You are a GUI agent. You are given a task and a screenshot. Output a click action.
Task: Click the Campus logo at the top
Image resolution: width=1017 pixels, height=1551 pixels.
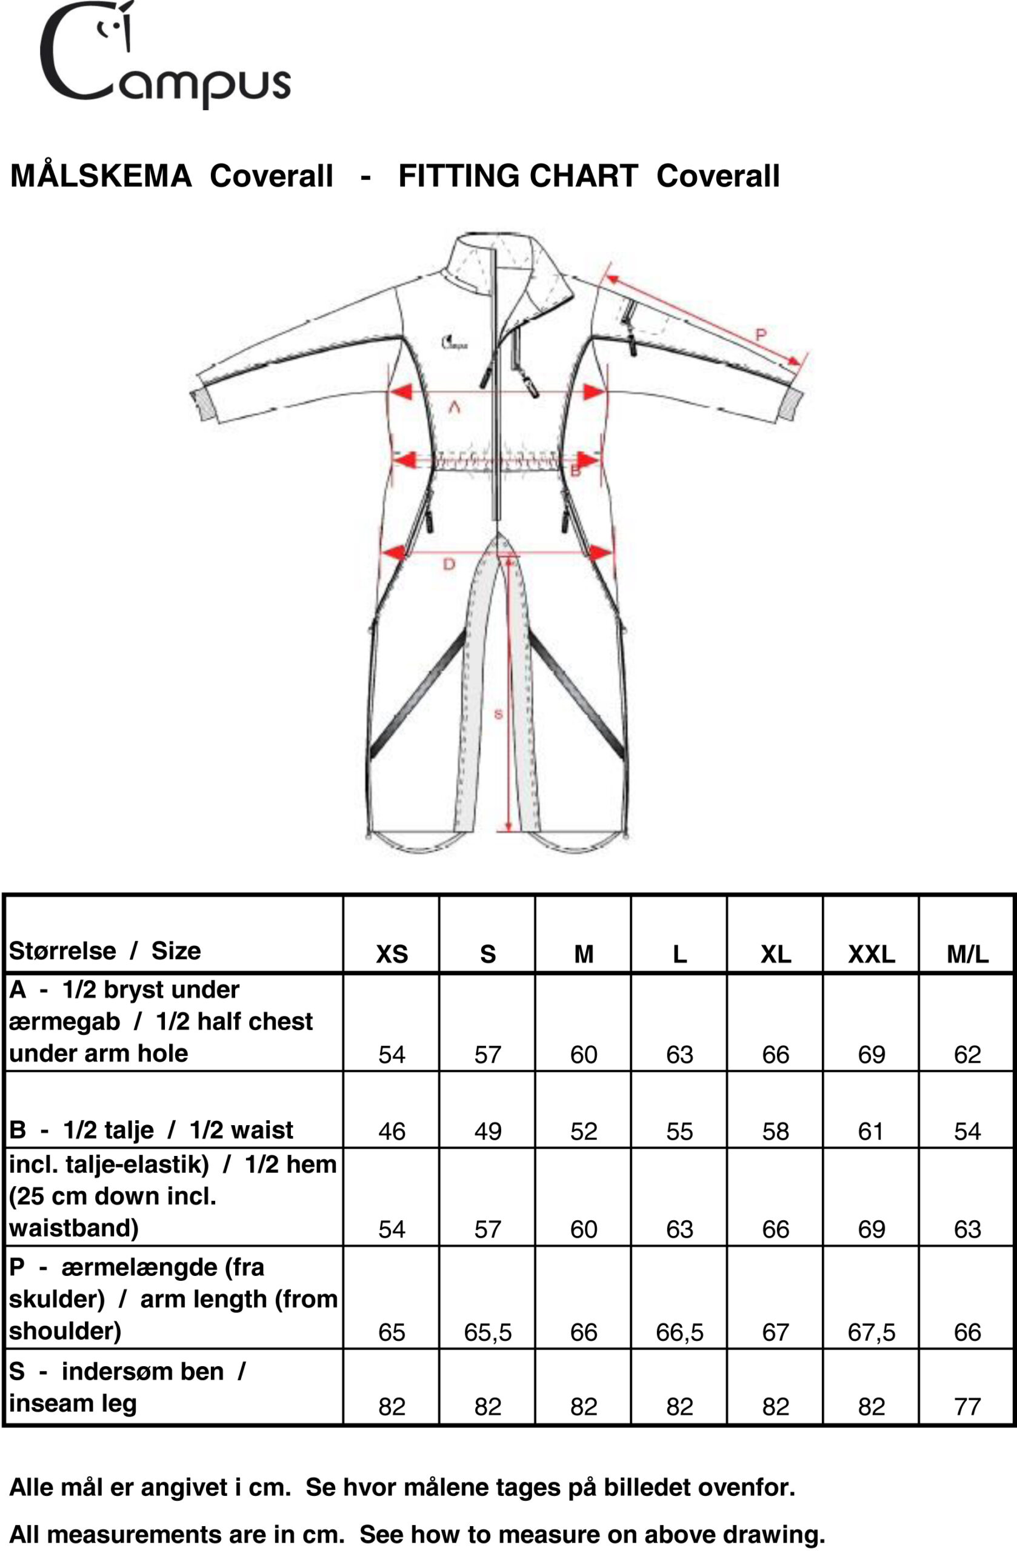point(165,55)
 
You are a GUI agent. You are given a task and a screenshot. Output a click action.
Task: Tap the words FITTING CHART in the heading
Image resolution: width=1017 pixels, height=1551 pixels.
point(518,176)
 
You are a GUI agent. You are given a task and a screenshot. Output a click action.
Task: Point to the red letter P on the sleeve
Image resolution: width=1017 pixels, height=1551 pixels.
point(760,335)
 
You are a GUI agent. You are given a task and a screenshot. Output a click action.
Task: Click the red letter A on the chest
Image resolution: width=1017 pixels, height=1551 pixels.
point(455,408)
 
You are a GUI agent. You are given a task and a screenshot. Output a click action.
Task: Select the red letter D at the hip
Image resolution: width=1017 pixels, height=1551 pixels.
point(449,563)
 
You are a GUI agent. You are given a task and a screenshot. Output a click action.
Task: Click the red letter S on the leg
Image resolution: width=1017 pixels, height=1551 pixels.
point(499,714)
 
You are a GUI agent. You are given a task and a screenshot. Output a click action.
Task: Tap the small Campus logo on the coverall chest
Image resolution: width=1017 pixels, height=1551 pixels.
point(454,342)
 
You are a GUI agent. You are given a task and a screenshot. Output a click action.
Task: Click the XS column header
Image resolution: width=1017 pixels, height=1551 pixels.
point(392,954)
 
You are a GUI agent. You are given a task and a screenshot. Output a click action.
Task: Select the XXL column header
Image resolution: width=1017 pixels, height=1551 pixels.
point(872,954)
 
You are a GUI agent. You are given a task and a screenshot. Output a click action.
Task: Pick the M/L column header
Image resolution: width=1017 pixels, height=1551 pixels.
point(967,954)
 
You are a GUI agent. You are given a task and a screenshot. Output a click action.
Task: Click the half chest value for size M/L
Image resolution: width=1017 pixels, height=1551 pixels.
point(967,1054)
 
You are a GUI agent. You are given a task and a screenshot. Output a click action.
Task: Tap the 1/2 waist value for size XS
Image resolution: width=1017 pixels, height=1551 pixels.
point(392,1131)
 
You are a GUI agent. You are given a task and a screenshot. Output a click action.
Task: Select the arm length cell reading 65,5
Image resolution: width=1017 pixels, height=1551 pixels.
point(488,1333)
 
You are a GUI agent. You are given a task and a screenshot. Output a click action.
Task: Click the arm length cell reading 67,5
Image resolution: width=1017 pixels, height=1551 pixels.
point(872,1333)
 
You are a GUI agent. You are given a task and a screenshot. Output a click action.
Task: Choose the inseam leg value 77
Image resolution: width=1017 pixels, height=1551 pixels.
point(967,1407)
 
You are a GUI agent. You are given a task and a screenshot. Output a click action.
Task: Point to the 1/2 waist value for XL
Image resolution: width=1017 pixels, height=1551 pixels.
point(776,1131)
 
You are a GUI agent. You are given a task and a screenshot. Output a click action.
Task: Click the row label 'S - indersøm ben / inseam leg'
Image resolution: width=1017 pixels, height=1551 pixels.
point(128,1387)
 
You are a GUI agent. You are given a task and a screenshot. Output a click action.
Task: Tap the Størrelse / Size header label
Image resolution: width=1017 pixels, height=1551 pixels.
point(105,951)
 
